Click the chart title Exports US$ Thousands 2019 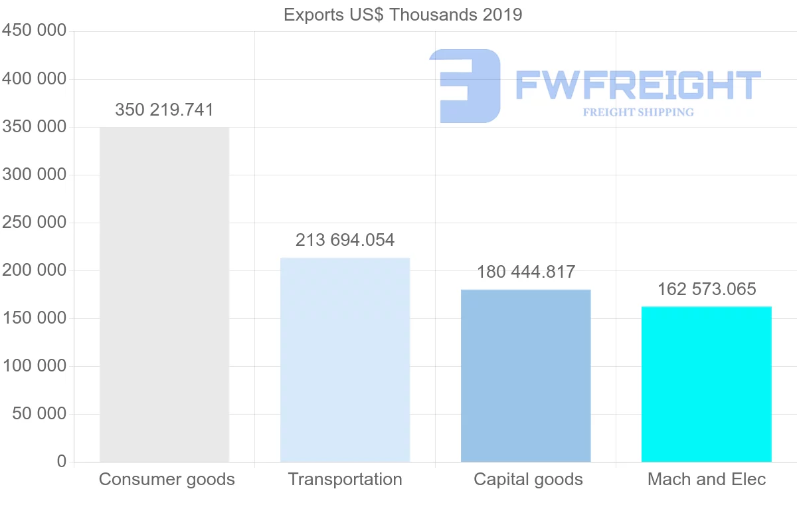(402, 15)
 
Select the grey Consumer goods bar (164, 294)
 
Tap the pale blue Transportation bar (345, 359)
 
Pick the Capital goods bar (525, 375)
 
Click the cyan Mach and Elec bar (706, 384)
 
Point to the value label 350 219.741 (164, 110)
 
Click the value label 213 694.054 (345, 240)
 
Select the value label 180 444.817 (525, 272)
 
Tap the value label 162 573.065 (707, 289)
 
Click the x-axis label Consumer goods (167, 479)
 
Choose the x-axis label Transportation (345, 479)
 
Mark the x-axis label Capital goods (528, 479)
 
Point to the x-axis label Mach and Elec (707, 479)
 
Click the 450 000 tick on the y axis (35, 31)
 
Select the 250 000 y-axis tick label (35, 222)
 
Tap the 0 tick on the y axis (61, 461)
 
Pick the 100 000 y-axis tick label (35, 365)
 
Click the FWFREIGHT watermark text (638, 85)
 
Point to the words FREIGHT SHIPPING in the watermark (638, 112)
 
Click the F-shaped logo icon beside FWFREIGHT (465, 86)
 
